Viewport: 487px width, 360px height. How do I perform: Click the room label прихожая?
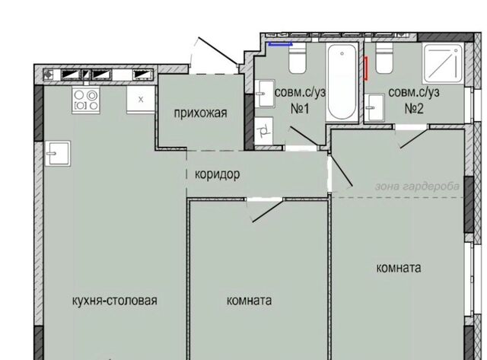click(200, 113)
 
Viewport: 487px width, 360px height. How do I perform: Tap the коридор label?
click(217, 174)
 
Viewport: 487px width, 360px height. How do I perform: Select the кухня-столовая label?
click(115, 301)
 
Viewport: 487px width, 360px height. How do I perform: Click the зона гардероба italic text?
click(417, 186)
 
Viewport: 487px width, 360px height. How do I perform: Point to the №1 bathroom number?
click(300, 109)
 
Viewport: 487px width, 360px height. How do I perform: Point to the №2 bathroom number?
click(414, 109)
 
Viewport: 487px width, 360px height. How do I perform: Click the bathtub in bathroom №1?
click(342, 82)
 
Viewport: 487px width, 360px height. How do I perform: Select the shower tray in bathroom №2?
click(443, 63)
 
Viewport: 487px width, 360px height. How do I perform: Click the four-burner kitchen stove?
click(86, 100)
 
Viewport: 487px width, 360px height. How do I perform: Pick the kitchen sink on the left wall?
click(58, 153)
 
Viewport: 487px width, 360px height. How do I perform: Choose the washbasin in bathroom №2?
click(374, 108)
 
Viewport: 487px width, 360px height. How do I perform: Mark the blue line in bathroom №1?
click(281, 44)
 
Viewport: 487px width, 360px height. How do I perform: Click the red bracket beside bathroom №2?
click(366, 68)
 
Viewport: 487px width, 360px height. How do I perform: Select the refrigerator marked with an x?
click(141, 100)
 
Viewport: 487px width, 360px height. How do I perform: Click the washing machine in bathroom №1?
click(264, 131)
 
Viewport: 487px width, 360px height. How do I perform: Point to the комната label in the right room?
click(399, 268)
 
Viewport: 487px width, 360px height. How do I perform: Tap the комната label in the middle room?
click(249, 301)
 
